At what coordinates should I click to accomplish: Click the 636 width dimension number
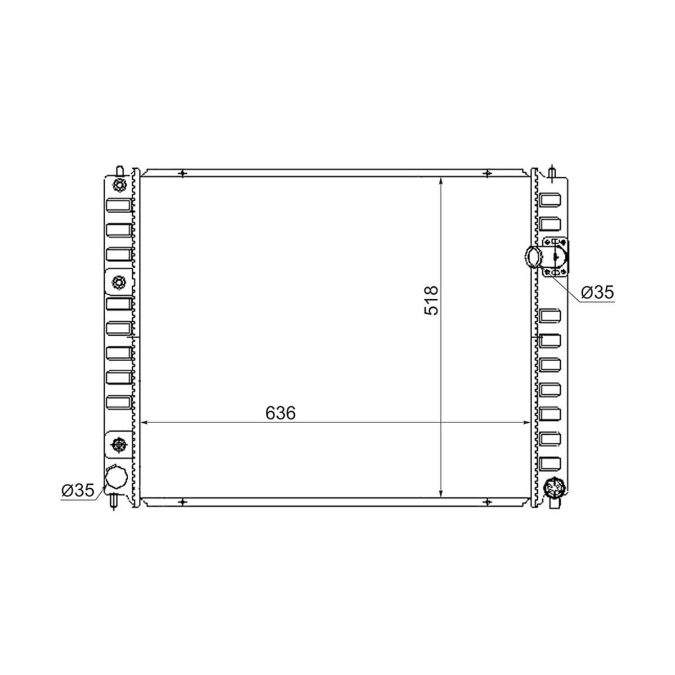tap(280, 413)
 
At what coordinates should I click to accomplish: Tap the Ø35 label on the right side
tap(597, 292)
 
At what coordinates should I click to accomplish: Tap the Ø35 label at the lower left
tap(78, 490)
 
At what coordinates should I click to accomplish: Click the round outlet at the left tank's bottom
tap(116, 479)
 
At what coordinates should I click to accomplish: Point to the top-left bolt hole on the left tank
tap(119, 185)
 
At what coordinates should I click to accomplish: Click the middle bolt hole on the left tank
tap(119, 282)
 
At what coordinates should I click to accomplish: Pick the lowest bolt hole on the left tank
tap(119, 445)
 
